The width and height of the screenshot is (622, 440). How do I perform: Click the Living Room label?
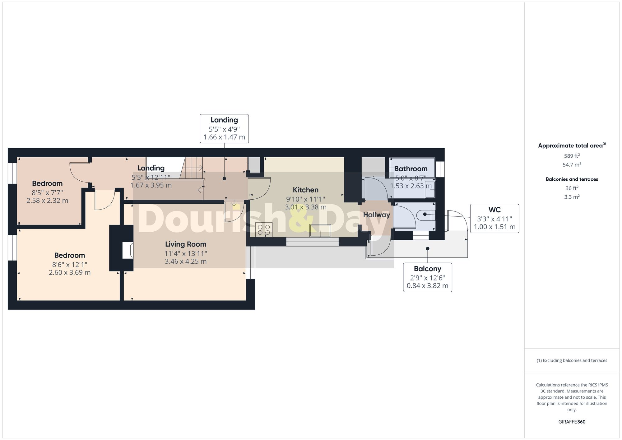pos(185,244)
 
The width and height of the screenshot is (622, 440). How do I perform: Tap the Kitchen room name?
pos(305,190)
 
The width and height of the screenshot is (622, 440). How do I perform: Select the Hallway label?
pos(376,215)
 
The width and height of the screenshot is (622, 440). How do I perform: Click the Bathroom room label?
pos(411,169)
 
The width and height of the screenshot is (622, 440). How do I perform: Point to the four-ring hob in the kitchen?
pos(264,230)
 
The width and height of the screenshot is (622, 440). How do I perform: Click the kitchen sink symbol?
pos(320,230)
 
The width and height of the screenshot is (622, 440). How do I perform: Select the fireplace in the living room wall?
pos(128,250)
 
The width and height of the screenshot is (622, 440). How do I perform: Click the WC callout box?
pos(494,218)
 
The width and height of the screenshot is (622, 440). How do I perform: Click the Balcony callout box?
pos(427,277)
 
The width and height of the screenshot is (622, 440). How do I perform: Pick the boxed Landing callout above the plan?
pos(224,128)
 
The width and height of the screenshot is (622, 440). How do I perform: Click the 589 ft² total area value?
pos(572,156)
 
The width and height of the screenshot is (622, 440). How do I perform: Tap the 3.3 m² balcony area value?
pos(572,197)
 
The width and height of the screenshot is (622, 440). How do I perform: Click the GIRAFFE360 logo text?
pos(572,422)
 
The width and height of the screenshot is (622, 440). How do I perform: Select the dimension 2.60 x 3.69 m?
pos(70,273)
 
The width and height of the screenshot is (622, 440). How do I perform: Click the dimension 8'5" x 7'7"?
pos(47,193)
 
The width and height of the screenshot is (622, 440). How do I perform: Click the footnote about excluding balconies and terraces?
pos(572,360)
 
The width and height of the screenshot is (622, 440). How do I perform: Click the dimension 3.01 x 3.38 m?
pos(305,207)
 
